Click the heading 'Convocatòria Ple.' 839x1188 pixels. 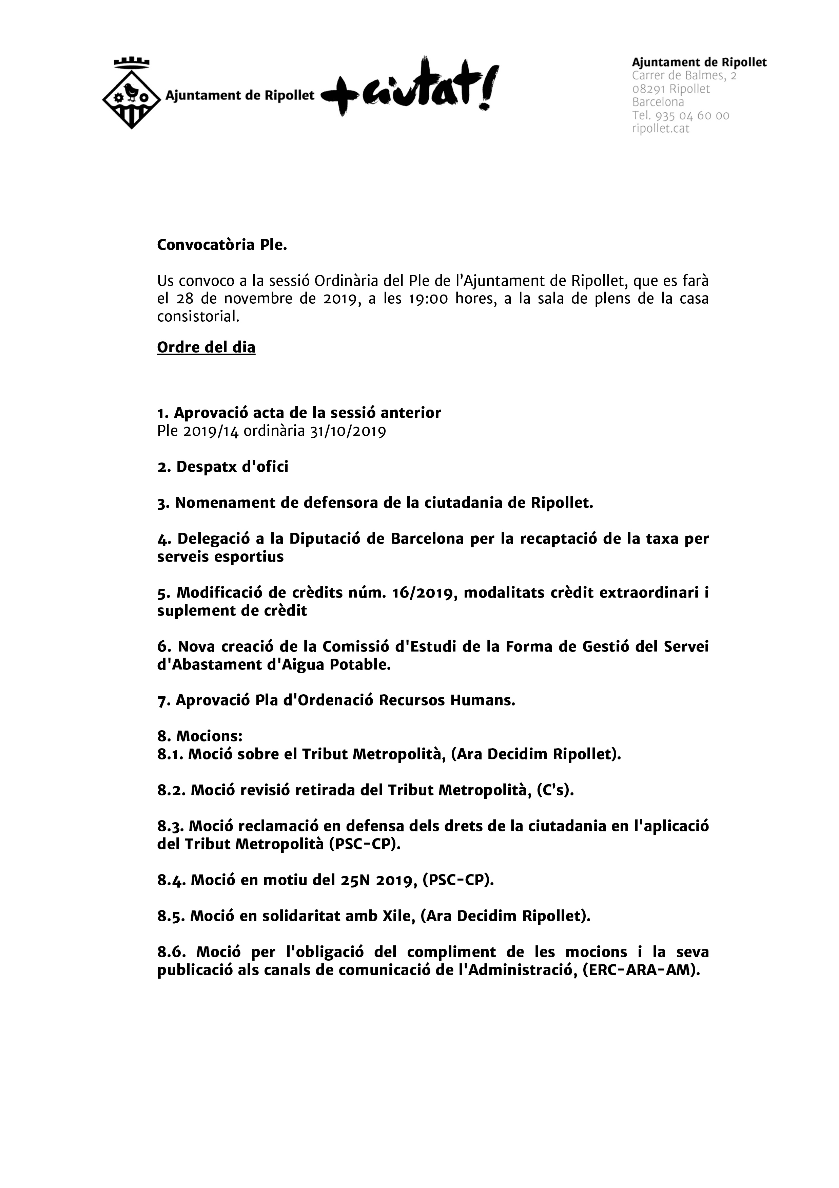click(222, 245)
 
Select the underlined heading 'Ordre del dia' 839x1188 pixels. click(206, 347)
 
